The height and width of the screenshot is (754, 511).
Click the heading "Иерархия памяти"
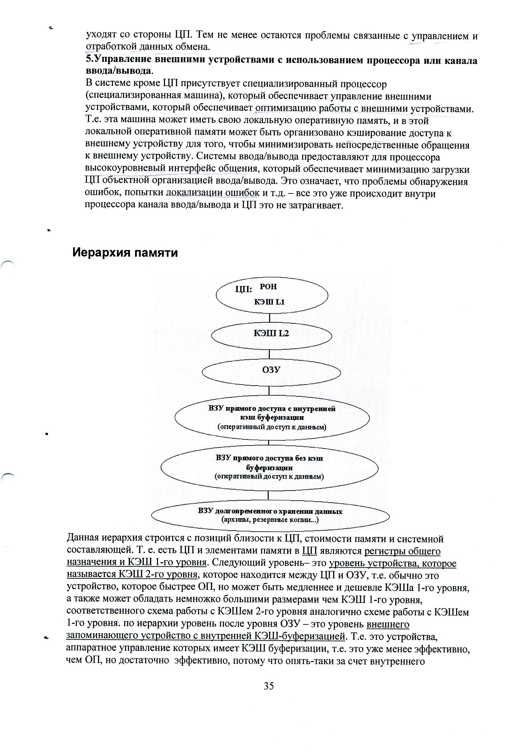125,252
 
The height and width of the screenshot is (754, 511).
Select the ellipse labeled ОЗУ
271,370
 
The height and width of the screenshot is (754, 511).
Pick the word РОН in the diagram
268,287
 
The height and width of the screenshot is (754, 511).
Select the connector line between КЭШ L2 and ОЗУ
269,354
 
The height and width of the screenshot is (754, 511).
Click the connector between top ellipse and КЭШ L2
269,318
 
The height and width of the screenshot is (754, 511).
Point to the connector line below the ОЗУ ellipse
269,390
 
